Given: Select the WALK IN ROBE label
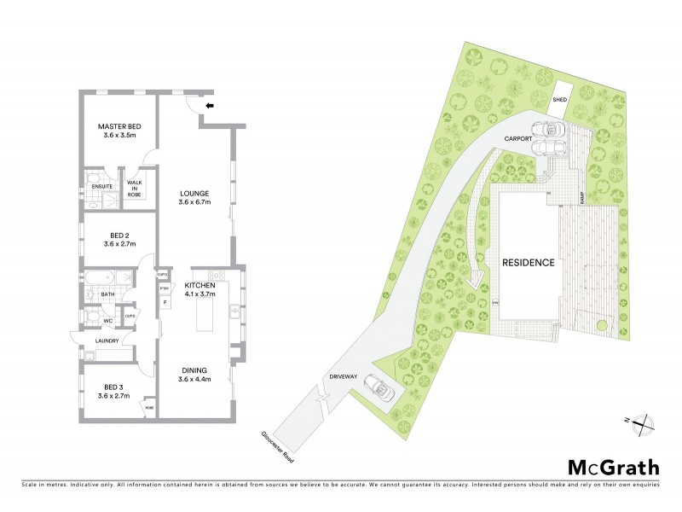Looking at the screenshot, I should point(135,189).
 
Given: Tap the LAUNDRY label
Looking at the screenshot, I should point(108,340).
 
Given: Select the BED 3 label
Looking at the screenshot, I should point(113,387).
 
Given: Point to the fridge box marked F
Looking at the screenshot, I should point(165,301).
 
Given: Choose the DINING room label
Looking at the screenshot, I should point(194,370).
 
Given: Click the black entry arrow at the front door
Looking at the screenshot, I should point(210,106).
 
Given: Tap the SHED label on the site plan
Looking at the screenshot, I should point(559,100).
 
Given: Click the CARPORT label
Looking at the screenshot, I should point(517,137).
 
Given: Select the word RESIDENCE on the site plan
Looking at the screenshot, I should point(528,263).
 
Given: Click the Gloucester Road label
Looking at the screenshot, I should point(279,447).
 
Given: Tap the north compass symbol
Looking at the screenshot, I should point(644,420).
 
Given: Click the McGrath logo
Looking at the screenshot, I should point(614,467).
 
